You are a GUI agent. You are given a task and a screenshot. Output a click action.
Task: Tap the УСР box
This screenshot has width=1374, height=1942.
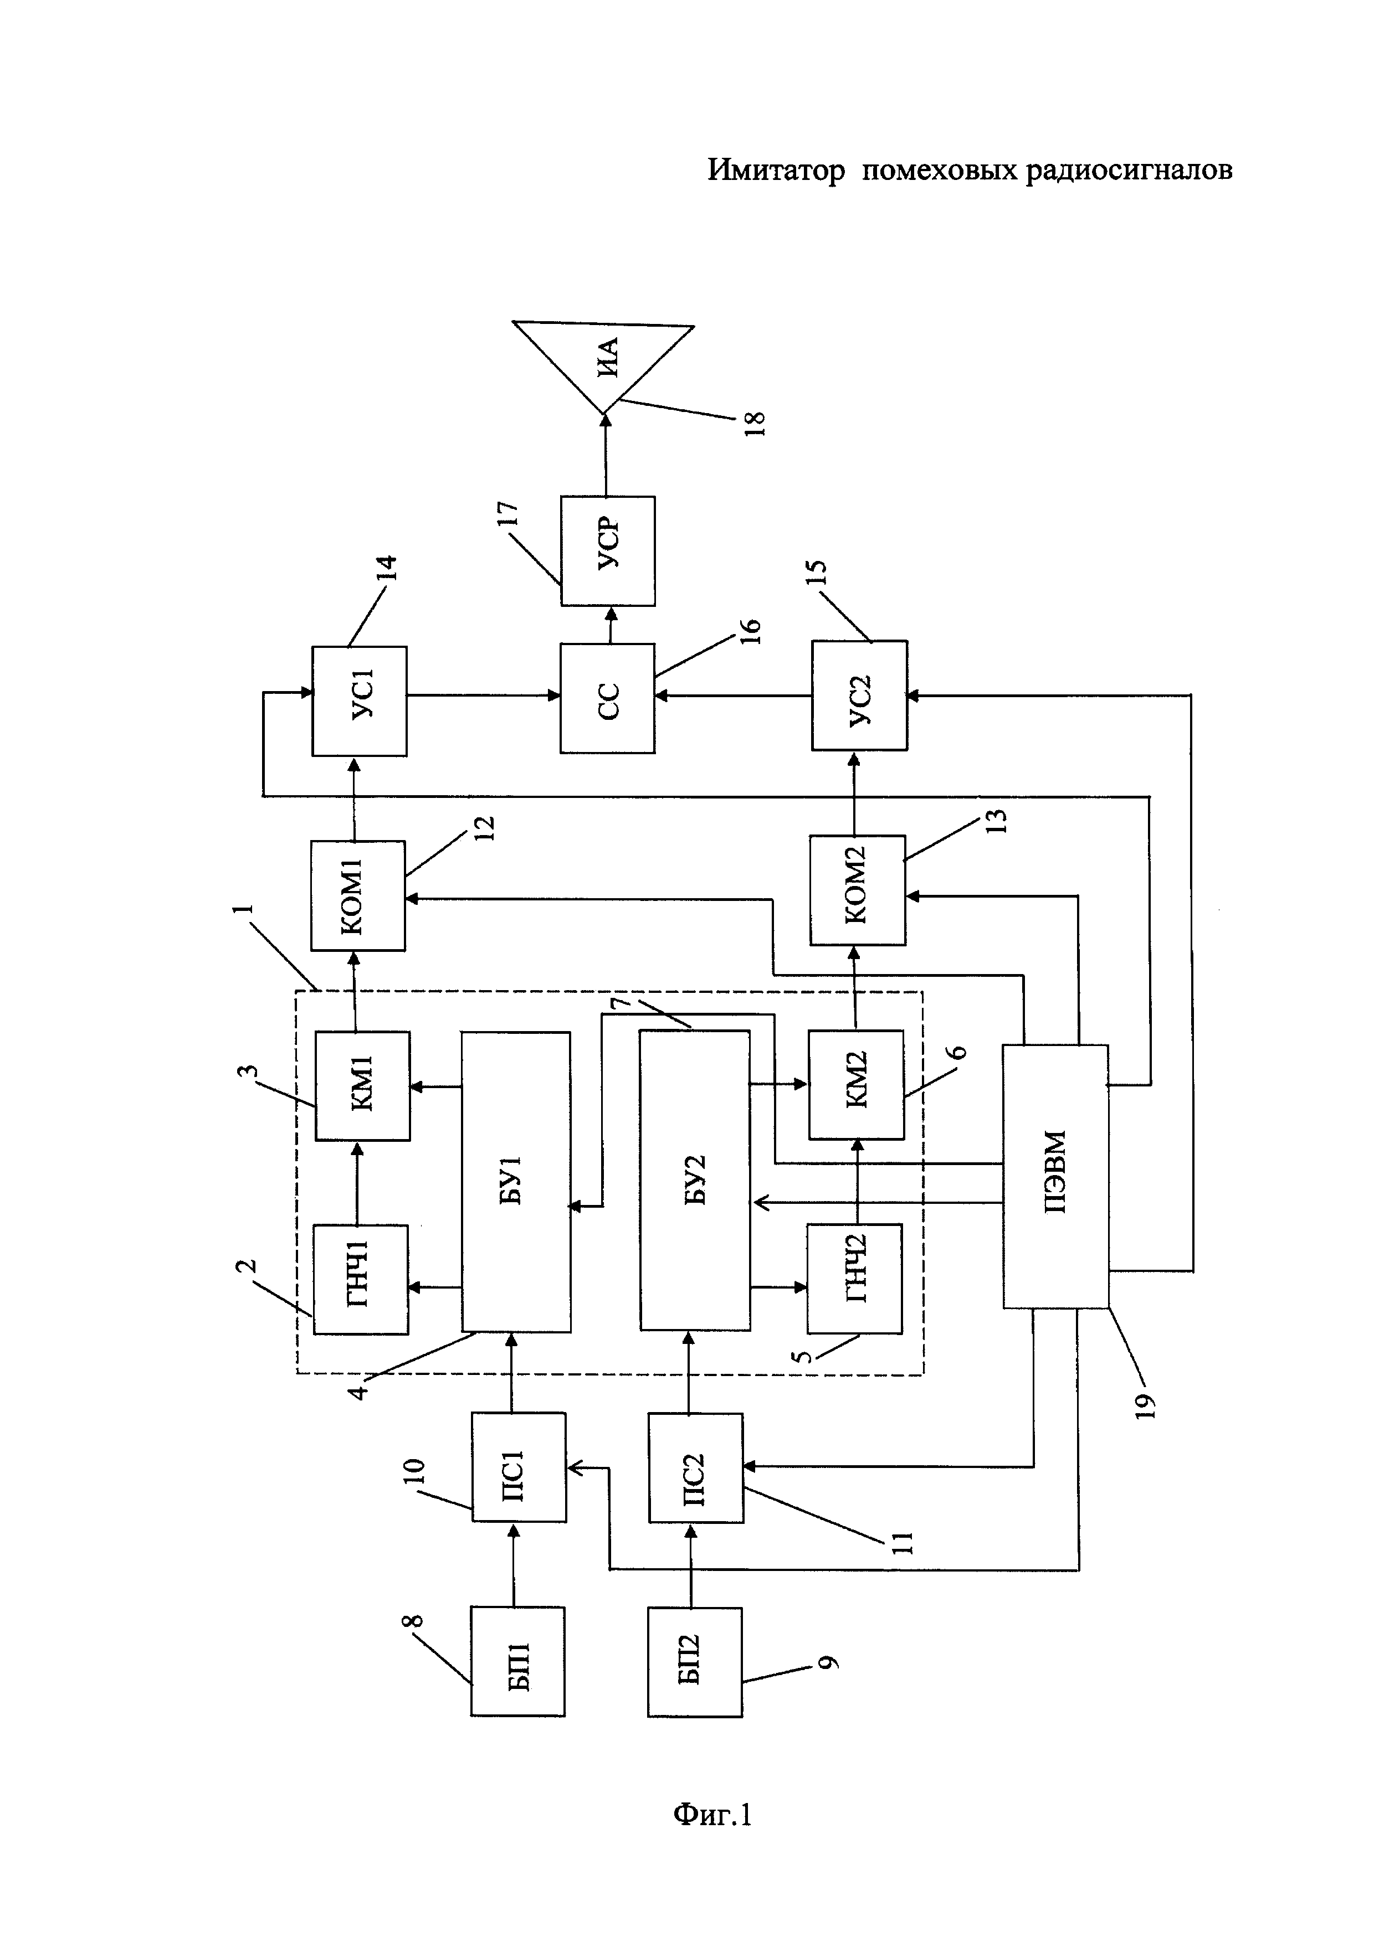(607, 550)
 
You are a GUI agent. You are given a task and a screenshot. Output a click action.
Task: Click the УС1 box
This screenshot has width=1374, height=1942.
(360, 701)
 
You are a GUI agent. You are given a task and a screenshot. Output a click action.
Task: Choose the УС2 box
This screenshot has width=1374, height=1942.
(860, 696)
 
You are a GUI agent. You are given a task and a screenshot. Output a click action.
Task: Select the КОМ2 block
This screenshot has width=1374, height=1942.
(857, 890)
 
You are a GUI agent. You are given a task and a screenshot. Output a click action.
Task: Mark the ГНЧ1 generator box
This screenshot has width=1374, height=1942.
(361, 1279)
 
